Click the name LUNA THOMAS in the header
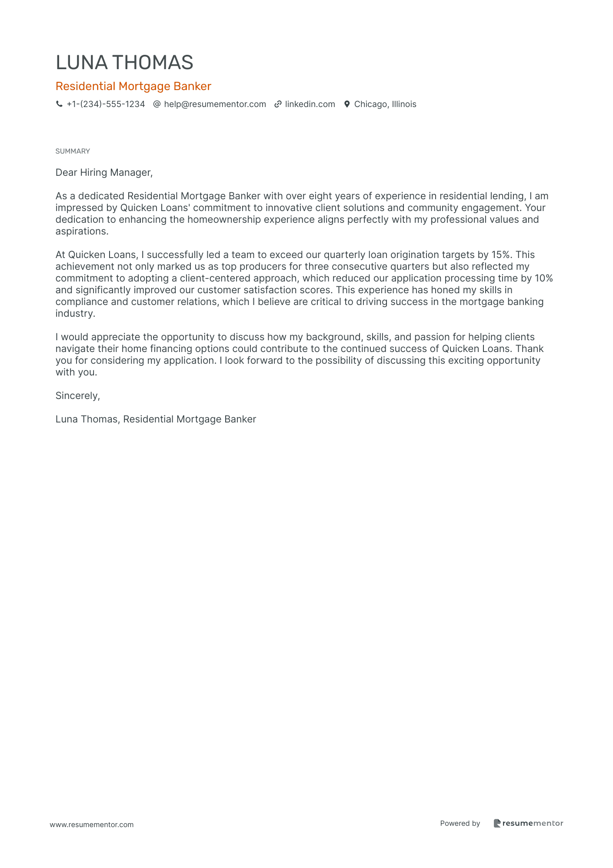[124, 63]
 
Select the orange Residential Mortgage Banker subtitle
[133, 86]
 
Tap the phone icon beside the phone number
[59, 104]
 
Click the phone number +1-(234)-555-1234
[106, 104]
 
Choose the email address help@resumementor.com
[215, 104]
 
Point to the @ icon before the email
[157, 104]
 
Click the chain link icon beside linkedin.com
[278, 104]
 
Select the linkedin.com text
[310, 104]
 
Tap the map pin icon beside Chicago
[347, 104]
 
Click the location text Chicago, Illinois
[385, 104]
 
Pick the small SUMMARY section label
[73, 151]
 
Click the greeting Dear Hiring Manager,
[104, 172]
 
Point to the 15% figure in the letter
[500, 255]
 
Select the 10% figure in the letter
[543, 278]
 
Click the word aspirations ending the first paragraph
[81, 231]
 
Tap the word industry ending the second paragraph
[74, 313]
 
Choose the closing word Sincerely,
[77, 395]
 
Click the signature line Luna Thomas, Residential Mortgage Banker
[156, 419]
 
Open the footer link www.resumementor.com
[92, 824]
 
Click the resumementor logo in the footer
[528, 823]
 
